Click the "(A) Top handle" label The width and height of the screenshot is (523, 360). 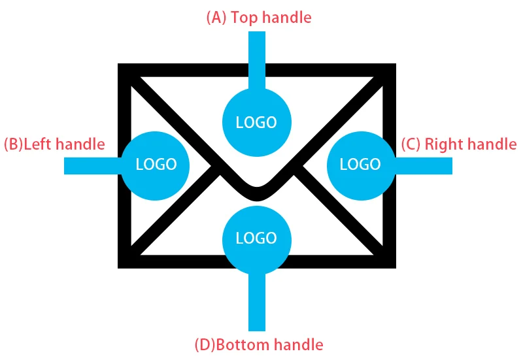click(259, 18)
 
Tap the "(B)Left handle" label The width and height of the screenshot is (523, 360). click(54, 144)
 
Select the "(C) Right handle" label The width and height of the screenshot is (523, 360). click(458, 144)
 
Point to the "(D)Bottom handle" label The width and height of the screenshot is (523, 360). click(259, 344)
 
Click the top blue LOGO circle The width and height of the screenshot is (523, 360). click(256, 122)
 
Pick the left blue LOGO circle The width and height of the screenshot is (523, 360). click(156, 164)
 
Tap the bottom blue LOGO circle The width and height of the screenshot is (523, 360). click(256, 238)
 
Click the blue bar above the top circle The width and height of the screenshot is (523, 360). click(257, 59)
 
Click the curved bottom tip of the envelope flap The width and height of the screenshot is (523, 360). click(256, 194)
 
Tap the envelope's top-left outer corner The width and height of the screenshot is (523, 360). click(120, 66)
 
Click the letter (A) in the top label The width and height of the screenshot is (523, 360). click(216, 18)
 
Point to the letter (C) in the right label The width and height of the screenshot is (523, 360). click(410, 144)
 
